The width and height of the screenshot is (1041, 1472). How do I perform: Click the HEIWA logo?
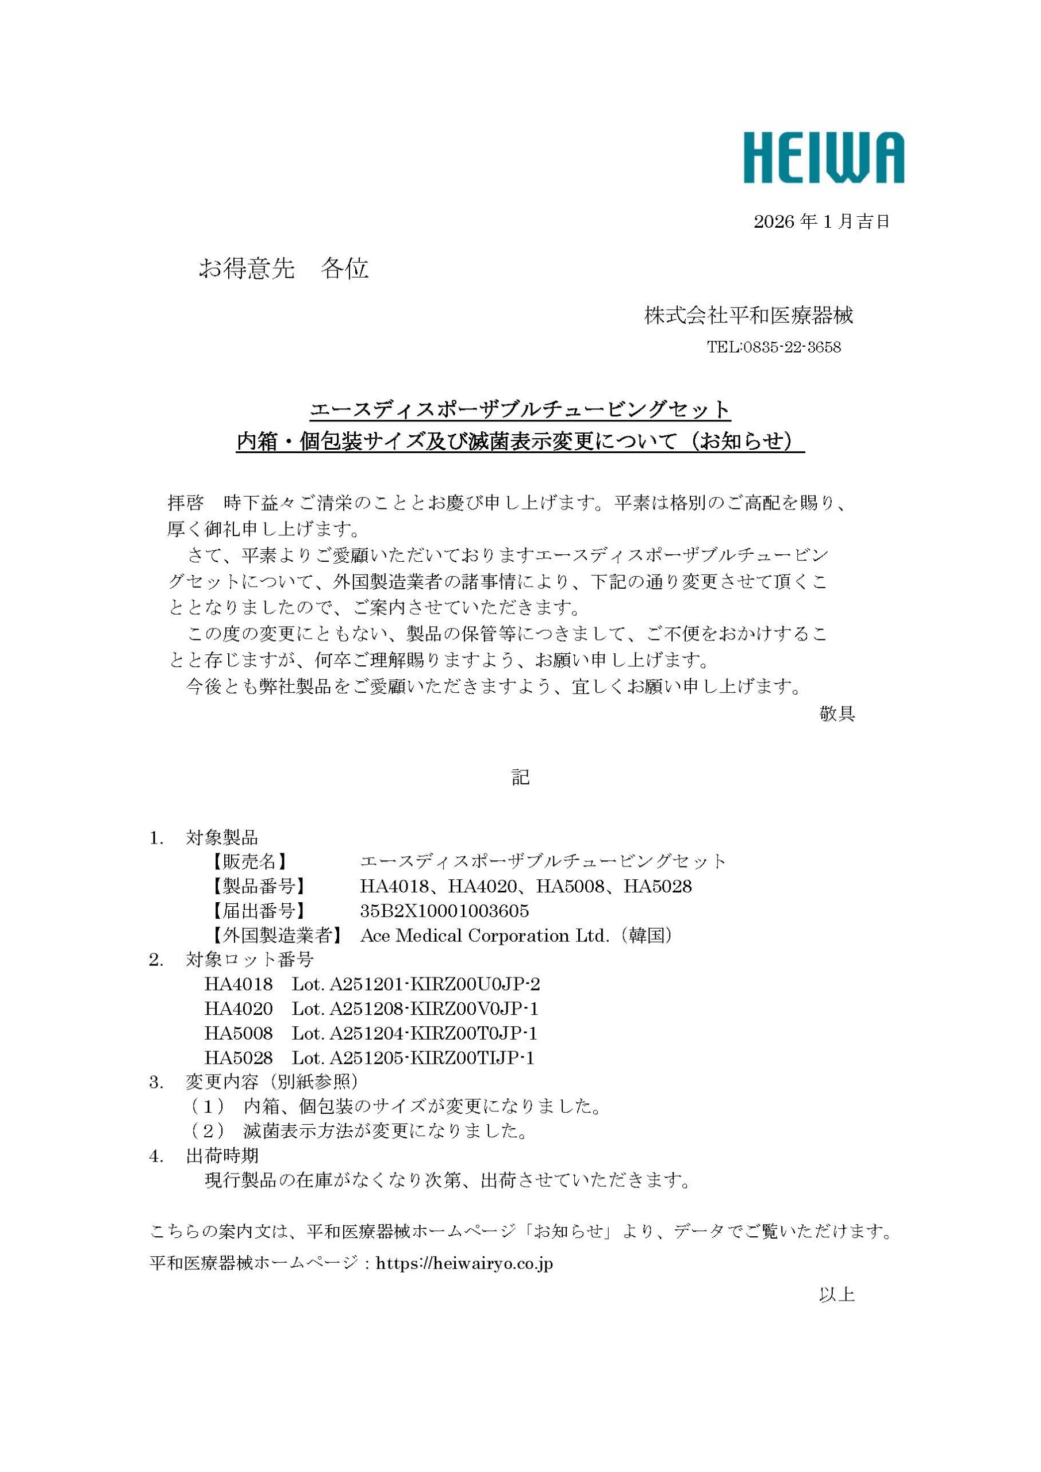point(823,158)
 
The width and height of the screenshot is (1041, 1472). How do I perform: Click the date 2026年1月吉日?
point(821,222)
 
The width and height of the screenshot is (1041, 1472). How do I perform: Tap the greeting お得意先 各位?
point(283,269)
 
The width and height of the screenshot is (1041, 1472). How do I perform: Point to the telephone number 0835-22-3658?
point(792,347)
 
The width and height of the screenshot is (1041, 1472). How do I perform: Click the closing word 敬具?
point(836,714)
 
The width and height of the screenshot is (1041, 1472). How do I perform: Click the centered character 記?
point(520,777)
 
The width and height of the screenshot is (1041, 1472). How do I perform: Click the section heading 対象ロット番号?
point(249,960)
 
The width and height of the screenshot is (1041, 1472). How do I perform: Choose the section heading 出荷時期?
point(222,1155)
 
